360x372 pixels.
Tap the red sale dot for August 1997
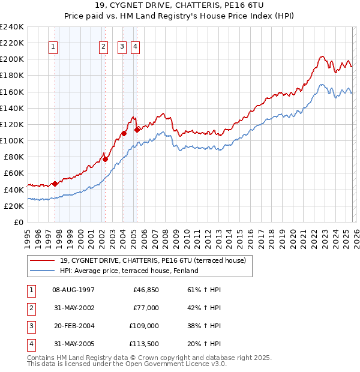click(55, 184)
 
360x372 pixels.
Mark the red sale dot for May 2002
click(105, 159)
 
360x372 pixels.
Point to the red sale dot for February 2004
click(124, 133)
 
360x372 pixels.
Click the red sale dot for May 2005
click(137, 130)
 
